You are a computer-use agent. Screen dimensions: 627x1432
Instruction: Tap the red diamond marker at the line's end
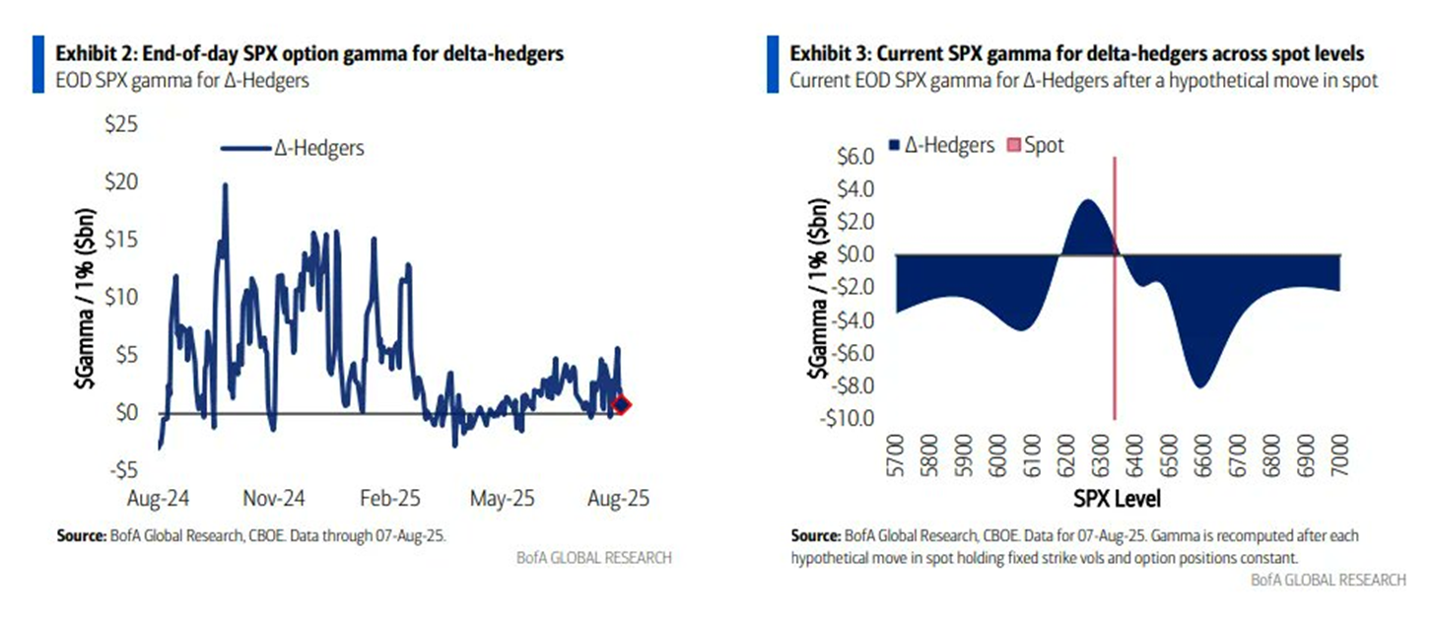[620, 404]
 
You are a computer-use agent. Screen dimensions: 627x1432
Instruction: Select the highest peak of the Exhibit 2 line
[226, 185]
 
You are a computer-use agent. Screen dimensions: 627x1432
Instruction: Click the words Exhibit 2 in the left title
[92, 54]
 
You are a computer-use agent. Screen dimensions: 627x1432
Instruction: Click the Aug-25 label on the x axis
[617, 497]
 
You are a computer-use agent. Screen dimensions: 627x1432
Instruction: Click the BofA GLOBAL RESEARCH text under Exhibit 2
[594, 558]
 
